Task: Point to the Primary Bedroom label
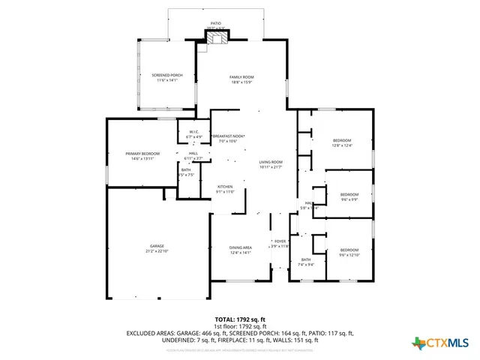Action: [142, 155]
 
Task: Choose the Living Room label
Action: [271, 164]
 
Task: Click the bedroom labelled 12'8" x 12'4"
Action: [342, 142]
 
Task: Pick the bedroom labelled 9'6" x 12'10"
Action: [349, 252]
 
